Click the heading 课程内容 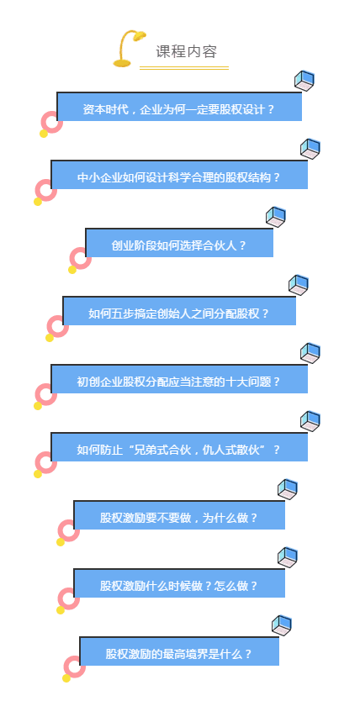[x=186, y=52]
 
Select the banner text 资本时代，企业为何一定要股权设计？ [x=179, y=109]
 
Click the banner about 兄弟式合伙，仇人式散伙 [x=179, y=447]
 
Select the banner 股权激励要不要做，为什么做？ [x=179, y=515]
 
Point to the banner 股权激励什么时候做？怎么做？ [x=179, y=583]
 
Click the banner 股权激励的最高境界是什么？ [x=179, y=651]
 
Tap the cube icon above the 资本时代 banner [x=304, y=81]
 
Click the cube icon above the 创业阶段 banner [x=276, y=217]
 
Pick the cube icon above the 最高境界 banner [x=281, y=625]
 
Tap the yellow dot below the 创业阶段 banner [x=72, y=270]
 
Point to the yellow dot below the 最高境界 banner [x=66, y=678]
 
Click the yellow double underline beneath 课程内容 [x=184, y=68]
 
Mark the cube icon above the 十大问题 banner [x=310, y=353]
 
